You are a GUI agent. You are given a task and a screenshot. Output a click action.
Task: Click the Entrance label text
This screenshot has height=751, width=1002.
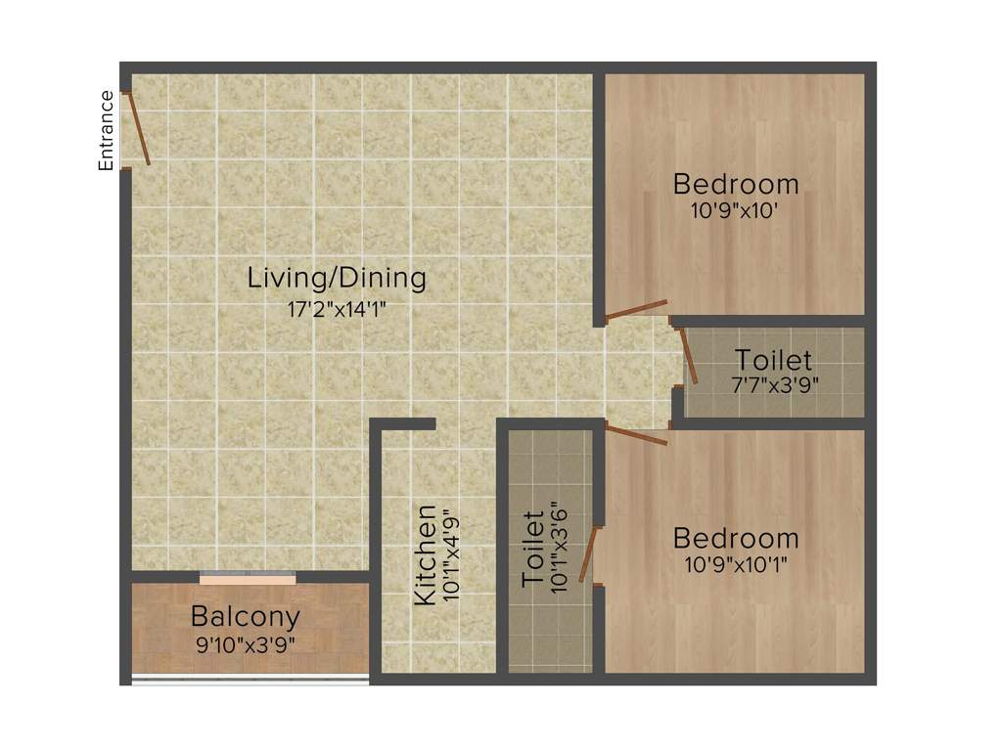click(106, 130)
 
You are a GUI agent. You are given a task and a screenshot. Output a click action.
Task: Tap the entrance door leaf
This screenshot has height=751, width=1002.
click(138, 128)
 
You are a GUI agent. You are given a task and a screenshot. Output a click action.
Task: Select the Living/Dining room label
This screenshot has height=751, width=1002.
click(337, 278)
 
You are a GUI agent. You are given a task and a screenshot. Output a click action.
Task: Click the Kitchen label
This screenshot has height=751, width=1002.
click(426, 555)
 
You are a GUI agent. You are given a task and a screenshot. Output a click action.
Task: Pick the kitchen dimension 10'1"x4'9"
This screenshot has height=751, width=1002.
click(451, 555)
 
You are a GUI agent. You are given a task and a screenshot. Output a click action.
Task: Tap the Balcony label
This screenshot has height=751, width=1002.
click(245, 617)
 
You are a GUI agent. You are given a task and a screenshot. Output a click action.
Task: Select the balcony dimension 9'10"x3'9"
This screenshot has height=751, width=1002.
click(245, 644)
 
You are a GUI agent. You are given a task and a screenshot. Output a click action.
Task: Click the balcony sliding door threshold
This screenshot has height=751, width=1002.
click(248, 579)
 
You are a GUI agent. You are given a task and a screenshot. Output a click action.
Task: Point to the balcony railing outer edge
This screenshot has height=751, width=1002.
click(250, 678)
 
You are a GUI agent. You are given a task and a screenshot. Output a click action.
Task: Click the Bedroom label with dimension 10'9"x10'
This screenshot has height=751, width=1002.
click(736, 184)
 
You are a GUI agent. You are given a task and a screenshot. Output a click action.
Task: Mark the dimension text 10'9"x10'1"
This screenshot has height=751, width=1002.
click(736, 564)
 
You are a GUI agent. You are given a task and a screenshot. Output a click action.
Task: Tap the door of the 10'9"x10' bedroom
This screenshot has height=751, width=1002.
click(636, 309)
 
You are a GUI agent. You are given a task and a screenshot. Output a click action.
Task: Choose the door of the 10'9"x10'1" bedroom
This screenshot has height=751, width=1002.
click(636, 435)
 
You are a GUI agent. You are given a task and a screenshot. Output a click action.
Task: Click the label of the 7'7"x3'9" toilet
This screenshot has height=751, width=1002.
click(773, 359)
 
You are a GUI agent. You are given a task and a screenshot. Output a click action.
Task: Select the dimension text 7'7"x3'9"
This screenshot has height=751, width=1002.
click(773, 383)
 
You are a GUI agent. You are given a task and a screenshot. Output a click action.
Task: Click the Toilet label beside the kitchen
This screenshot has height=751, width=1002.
click(533, 551)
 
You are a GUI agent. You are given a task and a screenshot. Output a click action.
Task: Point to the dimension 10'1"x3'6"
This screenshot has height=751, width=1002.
click(559, 551)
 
